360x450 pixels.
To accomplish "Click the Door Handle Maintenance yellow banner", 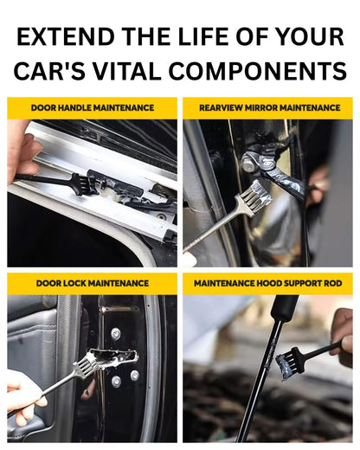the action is click(92, 108).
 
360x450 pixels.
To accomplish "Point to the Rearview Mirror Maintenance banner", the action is click(267, 108).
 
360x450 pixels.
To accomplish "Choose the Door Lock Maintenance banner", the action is click(92, 284).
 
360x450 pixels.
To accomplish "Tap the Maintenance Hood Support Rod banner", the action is click(267, 284).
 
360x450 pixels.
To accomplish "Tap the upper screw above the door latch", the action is click(116, 333).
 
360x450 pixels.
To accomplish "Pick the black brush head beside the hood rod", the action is click(289, 363).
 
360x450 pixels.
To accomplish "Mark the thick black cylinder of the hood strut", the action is click(283, 308).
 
